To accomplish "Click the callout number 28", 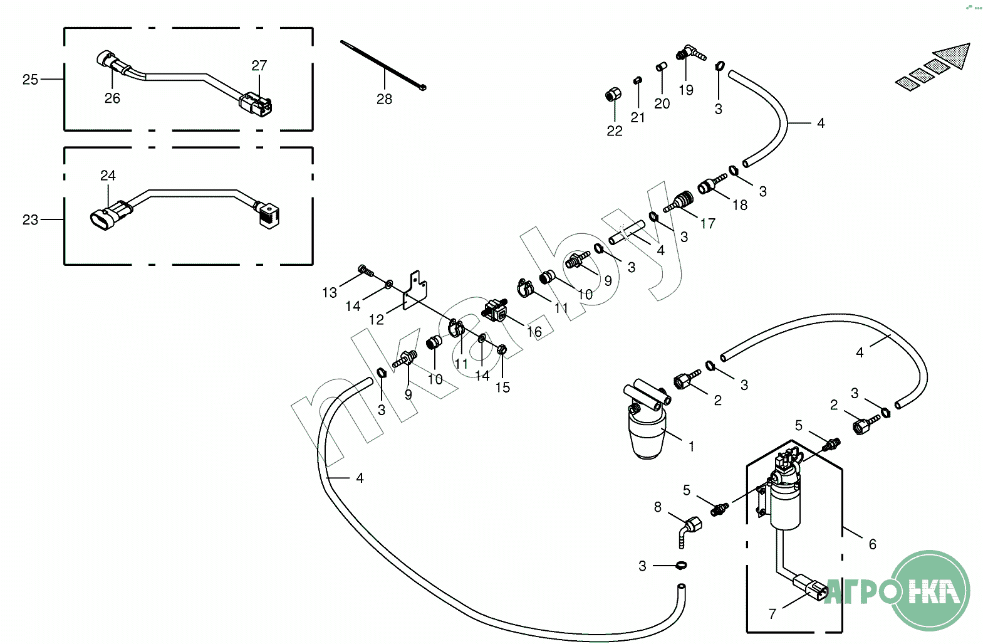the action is coord(384,99).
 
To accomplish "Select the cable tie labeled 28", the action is coord(383,65).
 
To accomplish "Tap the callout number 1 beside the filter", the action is coord(691,446).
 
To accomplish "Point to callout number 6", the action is coord(872,544).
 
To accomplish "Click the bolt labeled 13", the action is coord(366,270).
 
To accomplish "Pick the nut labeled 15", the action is coord(502,350).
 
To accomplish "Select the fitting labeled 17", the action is coord(679,201).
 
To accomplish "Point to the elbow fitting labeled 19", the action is coord(690,53).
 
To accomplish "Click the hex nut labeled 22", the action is coord(613,95).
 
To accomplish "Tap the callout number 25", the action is coord(30,80).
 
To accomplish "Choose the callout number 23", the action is coord(30,219).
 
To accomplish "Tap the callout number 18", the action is coord(740,205).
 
